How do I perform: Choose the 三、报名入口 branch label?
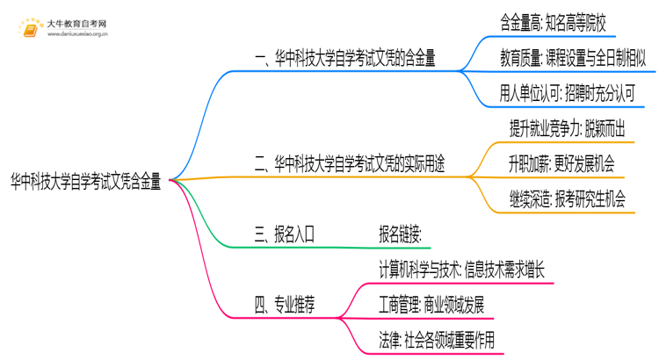(284, 234)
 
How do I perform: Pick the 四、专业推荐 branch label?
(284, 304)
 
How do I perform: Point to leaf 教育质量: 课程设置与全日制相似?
(573, 59)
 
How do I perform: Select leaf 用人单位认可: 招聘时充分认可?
(567, 94)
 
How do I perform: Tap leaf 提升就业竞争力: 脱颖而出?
(567, 129)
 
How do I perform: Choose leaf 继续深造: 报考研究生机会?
(567, 199)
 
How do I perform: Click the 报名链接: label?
(400, 234)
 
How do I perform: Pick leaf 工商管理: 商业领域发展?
(430, 305)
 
